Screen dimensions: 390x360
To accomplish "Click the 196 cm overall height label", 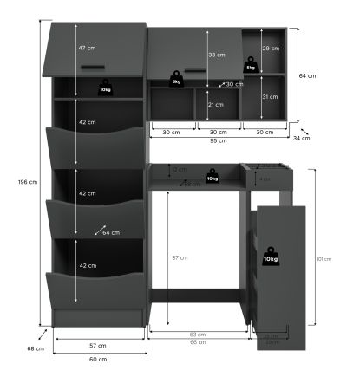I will [x=28, y=182].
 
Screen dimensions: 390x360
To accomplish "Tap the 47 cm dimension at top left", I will [x=87, y=47].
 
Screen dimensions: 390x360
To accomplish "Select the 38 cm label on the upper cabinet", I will [x=218, y=55].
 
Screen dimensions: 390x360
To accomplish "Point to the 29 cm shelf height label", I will [x=271, y=49].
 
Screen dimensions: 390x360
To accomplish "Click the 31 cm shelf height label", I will [x=271, y=96].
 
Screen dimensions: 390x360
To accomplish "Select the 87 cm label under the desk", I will [x=179, y=257].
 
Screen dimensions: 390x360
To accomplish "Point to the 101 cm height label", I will [x=324, y=258].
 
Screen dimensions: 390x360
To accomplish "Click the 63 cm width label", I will [x=199, y=334].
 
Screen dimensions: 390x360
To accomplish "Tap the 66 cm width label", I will [x=199, y=342].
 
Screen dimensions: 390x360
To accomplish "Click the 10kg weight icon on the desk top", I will [x=212, y=177].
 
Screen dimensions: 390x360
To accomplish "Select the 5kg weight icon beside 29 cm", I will [x=251, y=65].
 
